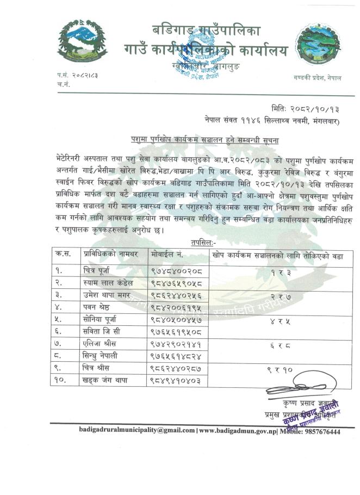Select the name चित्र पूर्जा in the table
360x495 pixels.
[104, 269]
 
